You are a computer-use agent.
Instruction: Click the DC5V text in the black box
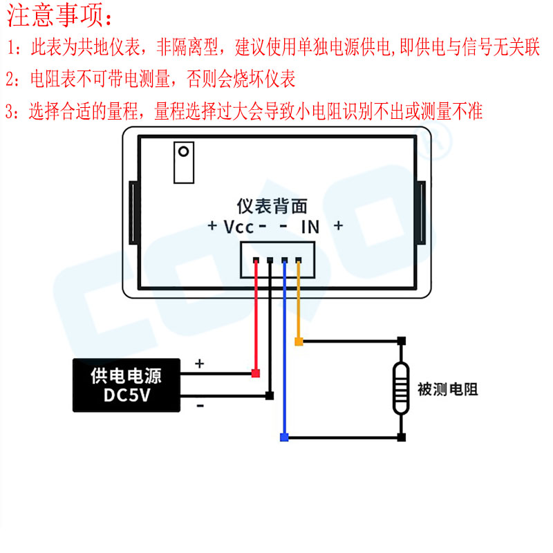(x=126, y=396)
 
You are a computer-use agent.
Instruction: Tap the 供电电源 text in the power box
(x=126, y=377)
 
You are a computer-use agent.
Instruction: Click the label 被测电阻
(x=447, y=390)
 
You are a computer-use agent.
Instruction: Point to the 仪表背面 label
(x=272, y=205)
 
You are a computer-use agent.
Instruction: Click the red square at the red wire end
(x=255, y=374)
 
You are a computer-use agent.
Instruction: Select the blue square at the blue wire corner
(x=283, y=437)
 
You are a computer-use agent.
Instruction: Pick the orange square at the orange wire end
(x=299, y=341)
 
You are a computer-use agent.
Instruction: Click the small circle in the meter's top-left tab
(x=184, y=151)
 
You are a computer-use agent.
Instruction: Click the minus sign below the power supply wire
(x=200, y=406)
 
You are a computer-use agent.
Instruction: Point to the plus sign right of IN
(x=338, y=226)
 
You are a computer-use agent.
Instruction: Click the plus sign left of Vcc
(x=213, y=227)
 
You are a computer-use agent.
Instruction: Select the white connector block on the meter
(x=276, y=259)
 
